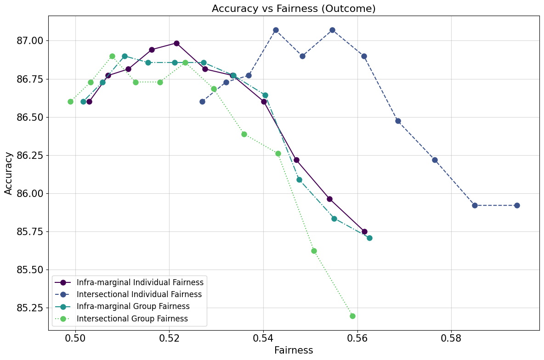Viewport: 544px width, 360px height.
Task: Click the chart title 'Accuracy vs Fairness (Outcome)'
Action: coord(294,9)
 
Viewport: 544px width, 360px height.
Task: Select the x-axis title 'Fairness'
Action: coord(294,350)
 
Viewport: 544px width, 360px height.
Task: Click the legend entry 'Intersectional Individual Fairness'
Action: coord(139,294)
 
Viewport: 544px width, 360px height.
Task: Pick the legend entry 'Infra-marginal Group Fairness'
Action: coord(133,306)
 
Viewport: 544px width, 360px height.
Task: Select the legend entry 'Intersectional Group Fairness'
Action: coord(132,319)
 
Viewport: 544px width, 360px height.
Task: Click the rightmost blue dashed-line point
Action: coord(517,205)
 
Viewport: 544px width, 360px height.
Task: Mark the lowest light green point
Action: coord(352,316)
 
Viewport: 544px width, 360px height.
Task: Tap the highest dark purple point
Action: coord(176,43)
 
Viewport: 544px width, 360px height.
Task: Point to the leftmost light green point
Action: coord(70,101)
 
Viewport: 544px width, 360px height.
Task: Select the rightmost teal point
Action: coord(369,238)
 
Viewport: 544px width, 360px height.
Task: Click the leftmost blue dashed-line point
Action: coord(202,101)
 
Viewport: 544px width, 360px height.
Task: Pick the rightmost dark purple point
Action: coord(364,231)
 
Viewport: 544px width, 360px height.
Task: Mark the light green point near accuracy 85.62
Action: coord(314,251)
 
